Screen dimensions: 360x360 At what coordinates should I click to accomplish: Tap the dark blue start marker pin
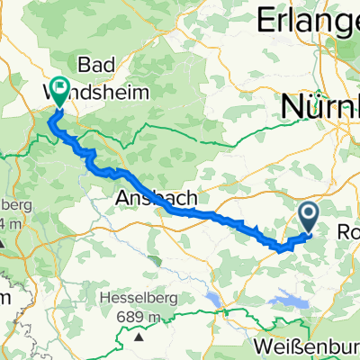[308, 217]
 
